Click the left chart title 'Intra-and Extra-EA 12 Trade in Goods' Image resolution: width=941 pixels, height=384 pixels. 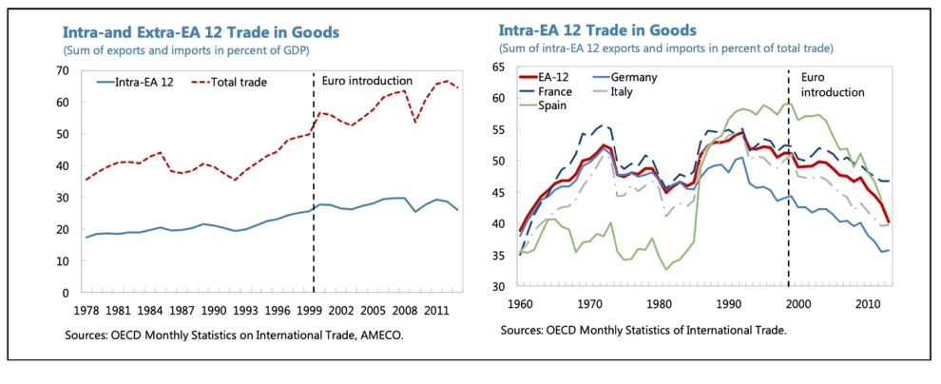(x=202, y=32)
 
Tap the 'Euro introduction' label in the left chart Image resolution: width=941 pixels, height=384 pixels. (x=367, y=81)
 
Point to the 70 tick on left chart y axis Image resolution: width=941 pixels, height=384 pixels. (x=65, y=70)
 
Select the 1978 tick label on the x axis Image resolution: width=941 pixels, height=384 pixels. (x=86, y=311)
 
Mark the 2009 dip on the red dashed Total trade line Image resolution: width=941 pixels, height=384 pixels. (x=413, y=122)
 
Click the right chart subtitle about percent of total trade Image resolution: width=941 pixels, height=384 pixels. (x=666, y=48)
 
